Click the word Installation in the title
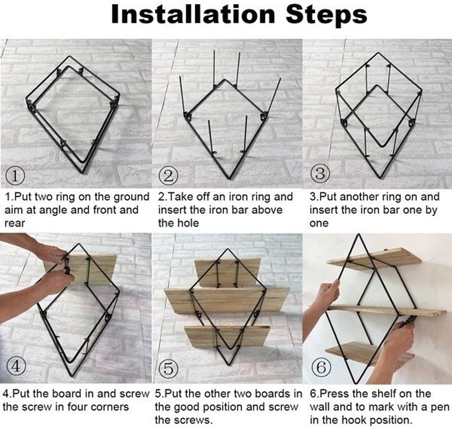coord(193,14)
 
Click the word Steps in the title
coord(326,15)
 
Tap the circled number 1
coord(15,175)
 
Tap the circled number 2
coord(169,175)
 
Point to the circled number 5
coord(168,368)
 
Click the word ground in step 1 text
coord(132,198)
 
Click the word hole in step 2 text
coord(189,223)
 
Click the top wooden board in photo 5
coord(228,273)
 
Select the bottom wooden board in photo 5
coord(227,337)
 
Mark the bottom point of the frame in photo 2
coord(230,179)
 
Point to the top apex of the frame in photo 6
coord(359,234)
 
